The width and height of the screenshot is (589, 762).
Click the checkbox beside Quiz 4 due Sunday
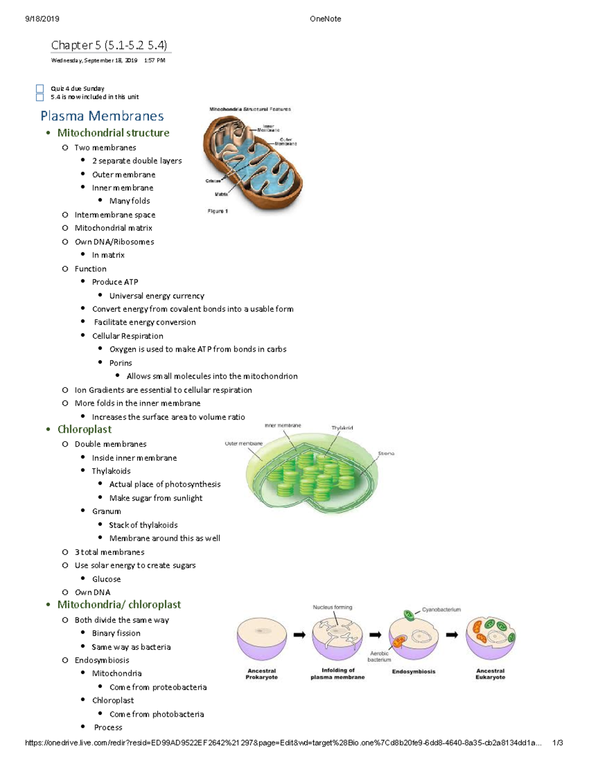pyautogui.click(x=40, y=88)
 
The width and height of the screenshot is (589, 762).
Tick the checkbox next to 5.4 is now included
pyautogui.click(x=40, y=97)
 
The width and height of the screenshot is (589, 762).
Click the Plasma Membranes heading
pyautogui.click(x=102, y=116)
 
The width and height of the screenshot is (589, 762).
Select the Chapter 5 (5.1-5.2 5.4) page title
pyautogui.click(x=109, y=45)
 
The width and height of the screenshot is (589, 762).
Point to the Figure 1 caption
pyautogui.click(x=217, y=211)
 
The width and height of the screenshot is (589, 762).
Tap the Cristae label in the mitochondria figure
pyautogui.click(x=213, y=181)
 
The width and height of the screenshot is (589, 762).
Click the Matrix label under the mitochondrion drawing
pyautogui.click(x=221, y=194)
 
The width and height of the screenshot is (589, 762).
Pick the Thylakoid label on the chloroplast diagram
pyautogui.click(x=342, y=428)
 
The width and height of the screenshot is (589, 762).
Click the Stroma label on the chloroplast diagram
pyautogui.click(x=386, y=453)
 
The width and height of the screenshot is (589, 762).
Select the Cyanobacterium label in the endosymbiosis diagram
pyautogui.click(x=441, y=609)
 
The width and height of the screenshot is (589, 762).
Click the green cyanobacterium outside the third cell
pyautogui.click(x=408, y=615)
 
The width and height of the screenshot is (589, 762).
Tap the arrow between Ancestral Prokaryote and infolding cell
pyautogui.click(x=299, y=634)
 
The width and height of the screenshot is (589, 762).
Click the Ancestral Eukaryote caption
pyautogui.click(x=490, y=674)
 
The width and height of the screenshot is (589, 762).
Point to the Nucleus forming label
pyautogui.click(x=332, y=607)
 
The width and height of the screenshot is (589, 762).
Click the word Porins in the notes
pyautogui.click(x=121, y=363)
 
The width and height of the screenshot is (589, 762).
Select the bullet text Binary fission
pyautogui.click(x=116, y=633)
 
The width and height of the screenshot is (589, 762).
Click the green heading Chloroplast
pyautogui.click(x=84, y=429)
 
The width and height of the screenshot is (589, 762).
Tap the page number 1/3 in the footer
pyautogui.click(x=558, y=743)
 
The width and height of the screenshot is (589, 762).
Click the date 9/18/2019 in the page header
pyautogui.click(x=42, y=19)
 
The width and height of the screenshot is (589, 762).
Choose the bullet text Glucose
pyautogui.click(x=107, y=579)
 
